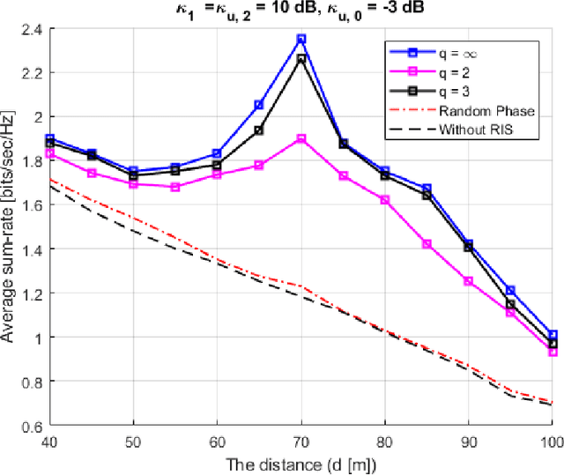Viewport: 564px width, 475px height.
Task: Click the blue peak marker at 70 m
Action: coord(301,39)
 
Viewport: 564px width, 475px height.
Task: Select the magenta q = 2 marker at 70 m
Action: coord(301,138)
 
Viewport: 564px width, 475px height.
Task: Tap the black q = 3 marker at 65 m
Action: coord(259,130)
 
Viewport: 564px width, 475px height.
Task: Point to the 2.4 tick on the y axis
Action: coord(33,28)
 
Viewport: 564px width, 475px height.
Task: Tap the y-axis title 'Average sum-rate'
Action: coord(10,227)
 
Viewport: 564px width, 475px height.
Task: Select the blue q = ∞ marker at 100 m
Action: coord(553,335)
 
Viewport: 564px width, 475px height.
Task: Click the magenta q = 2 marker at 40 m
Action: coord(49,153)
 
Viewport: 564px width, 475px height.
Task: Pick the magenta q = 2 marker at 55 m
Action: coord(175,187)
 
